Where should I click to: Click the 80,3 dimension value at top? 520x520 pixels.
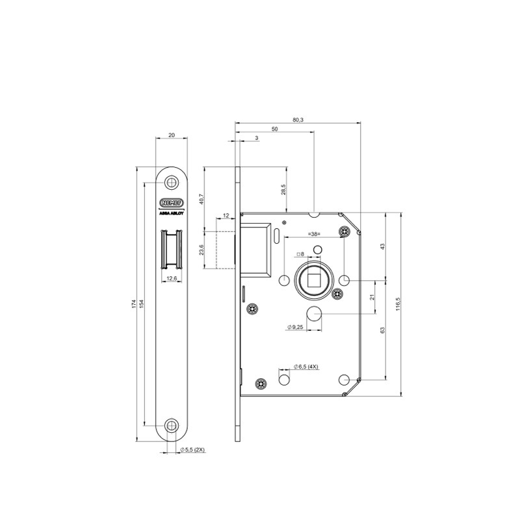298,120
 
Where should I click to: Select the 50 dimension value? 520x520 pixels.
275,129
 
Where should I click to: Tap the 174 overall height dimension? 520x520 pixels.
133,304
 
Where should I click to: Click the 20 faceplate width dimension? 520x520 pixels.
172,135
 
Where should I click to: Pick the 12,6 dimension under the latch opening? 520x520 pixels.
172,278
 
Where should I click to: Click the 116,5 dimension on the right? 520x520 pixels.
398,304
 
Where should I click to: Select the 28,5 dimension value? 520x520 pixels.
283,189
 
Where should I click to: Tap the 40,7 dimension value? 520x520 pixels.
201,198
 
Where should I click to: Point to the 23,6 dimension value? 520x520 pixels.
201,250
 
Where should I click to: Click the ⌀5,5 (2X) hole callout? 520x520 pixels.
192,449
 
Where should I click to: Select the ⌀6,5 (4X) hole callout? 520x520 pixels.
305,367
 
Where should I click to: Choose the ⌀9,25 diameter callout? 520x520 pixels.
296,328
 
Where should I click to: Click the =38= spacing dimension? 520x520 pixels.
316,233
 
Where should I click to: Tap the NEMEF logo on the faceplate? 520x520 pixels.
172,201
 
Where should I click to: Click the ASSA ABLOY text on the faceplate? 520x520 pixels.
172,212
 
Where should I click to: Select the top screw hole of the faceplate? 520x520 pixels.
172,182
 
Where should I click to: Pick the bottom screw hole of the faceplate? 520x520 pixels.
172,426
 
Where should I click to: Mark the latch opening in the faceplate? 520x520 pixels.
172,250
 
